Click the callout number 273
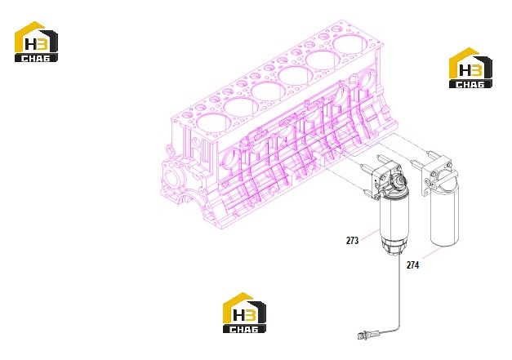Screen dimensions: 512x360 [x=352, y=241]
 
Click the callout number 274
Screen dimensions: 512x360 [x=412, y=265]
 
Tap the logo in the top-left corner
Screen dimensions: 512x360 [x=36, y=42]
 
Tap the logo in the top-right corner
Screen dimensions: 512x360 [x=470, y=68]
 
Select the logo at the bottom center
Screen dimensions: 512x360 [x=244, y=313]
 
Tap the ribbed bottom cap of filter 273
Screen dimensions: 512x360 [x=394, y=247]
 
